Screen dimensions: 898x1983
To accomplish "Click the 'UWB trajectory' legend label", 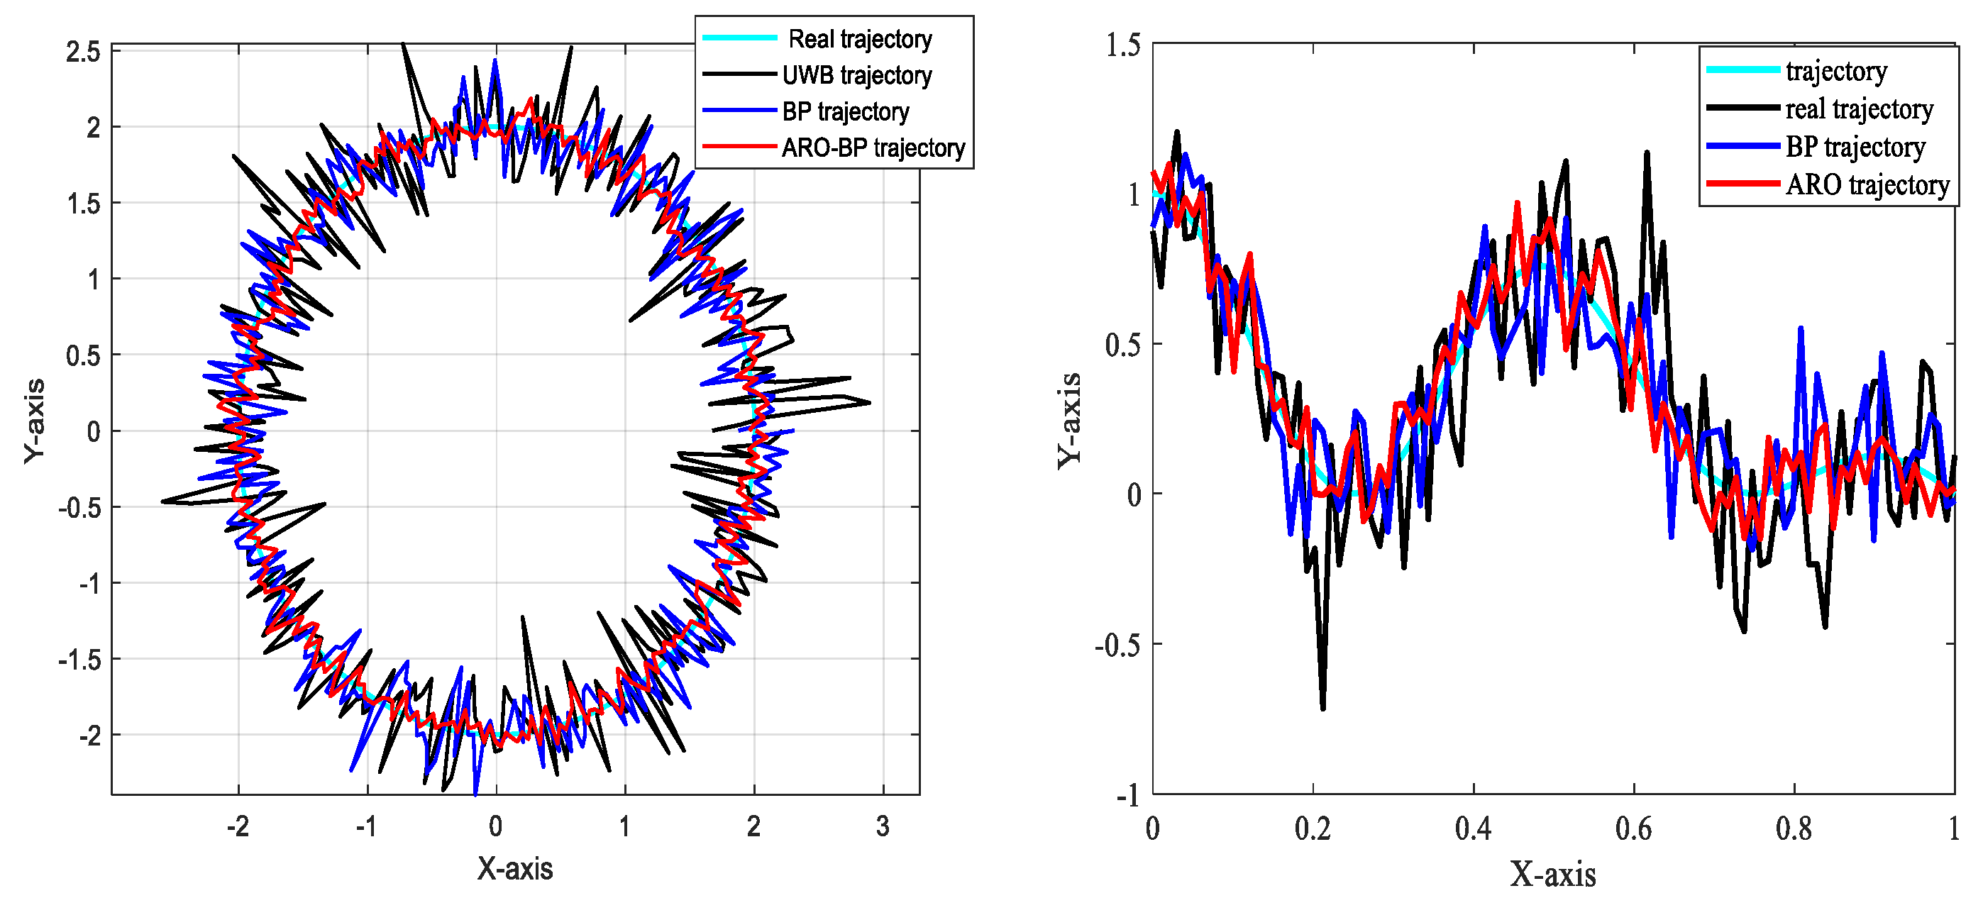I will [x=856, y=75].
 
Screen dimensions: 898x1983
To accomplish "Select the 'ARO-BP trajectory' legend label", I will [x=873, y=147].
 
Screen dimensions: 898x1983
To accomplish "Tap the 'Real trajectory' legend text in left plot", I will [x=860, y=39].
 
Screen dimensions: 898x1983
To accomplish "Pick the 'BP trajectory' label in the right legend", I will [x=1855, y=146].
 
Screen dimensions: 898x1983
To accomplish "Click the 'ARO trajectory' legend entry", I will [x=1867, y=184].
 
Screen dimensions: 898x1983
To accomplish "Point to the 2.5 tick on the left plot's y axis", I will [x=83, y=52].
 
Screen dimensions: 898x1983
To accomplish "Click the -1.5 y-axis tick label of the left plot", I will [x=79, y=660].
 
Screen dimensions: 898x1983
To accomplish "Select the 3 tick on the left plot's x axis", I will [x=882, y=826].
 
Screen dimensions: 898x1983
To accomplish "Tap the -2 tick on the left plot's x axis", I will [x=237, y=826].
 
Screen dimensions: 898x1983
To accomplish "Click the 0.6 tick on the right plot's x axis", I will [x=1633, y=829].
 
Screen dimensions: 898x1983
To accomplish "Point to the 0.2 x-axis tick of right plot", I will [x=1313, y=829].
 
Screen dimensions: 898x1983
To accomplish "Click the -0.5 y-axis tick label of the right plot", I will [x=1117, y=644].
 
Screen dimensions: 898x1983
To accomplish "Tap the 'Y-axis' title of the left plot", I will [x=34, y=421].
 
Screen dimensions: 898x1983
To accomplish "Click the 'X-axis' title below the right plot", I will [x=1552, y=874].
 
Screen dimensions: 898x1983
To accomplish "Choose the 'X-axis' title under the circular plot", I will [x=514, y=868].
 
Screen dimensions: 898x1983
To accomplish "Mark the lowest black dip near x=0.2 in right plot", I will [x=1322, y=708].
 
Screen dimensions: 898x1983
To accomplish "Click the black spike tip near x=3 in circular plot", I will [x=870, y=402].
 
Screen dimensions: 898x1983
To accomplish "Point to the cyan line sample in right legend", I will [x=1742, y=70].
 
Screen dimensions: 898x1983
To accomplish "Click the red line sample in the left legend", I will [x=739, y=146].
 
